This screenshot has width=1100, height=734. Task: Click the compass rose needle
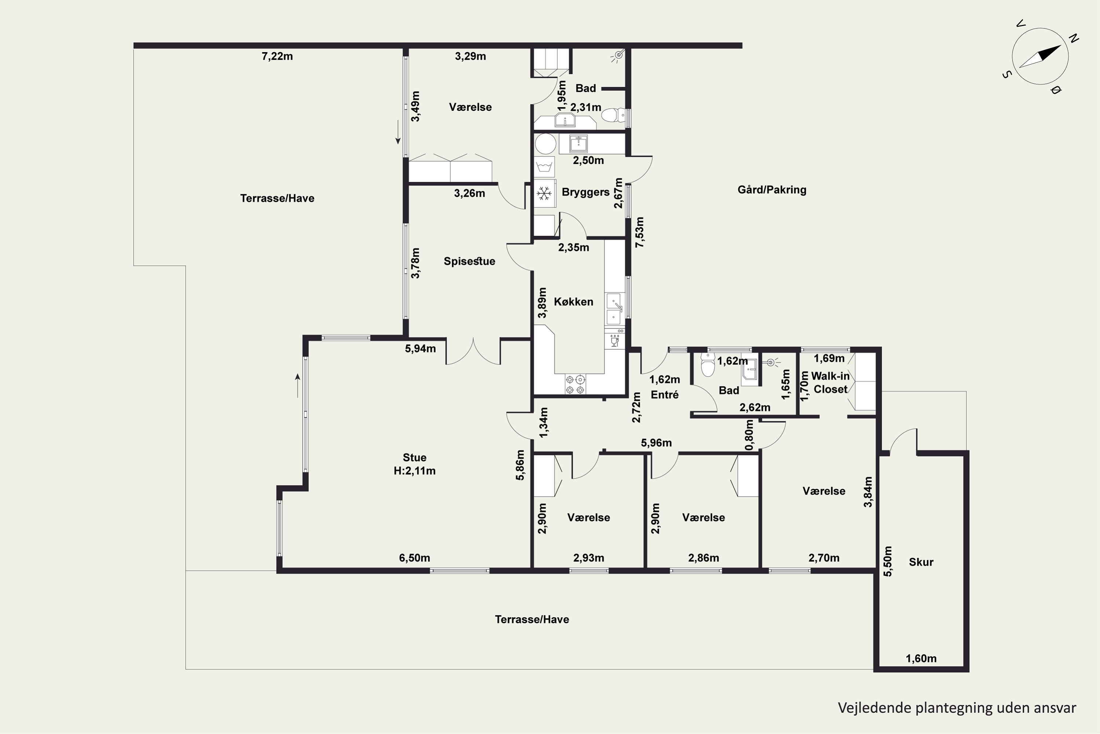click(1040, 57)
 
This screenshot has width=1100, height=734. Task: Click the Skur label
click(921, 562)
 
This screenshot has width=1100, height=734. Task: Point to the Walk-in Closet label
click(830, 382)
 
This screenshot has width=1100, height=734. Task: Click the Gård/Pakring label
click(772, 190)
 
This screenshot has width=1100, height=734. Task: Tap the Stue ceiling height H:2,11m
click(414, 471)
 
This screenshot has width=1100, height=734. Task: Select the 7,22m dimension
click(277, 57)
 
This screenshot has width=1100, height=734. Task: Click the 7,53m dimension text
click(639, 232)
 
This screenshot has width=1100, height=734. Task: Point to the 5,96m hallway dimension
click(656, 443)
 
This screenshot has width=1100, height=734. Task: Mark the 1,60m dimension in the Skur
click(921, 659)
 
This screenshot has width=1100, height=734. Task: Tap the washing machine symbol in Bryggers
click(545, 167)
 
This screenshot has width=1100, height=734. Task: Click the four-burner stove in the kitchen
click(575, 384)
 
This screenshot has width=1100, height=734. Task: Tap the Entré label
click(664, 395)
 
